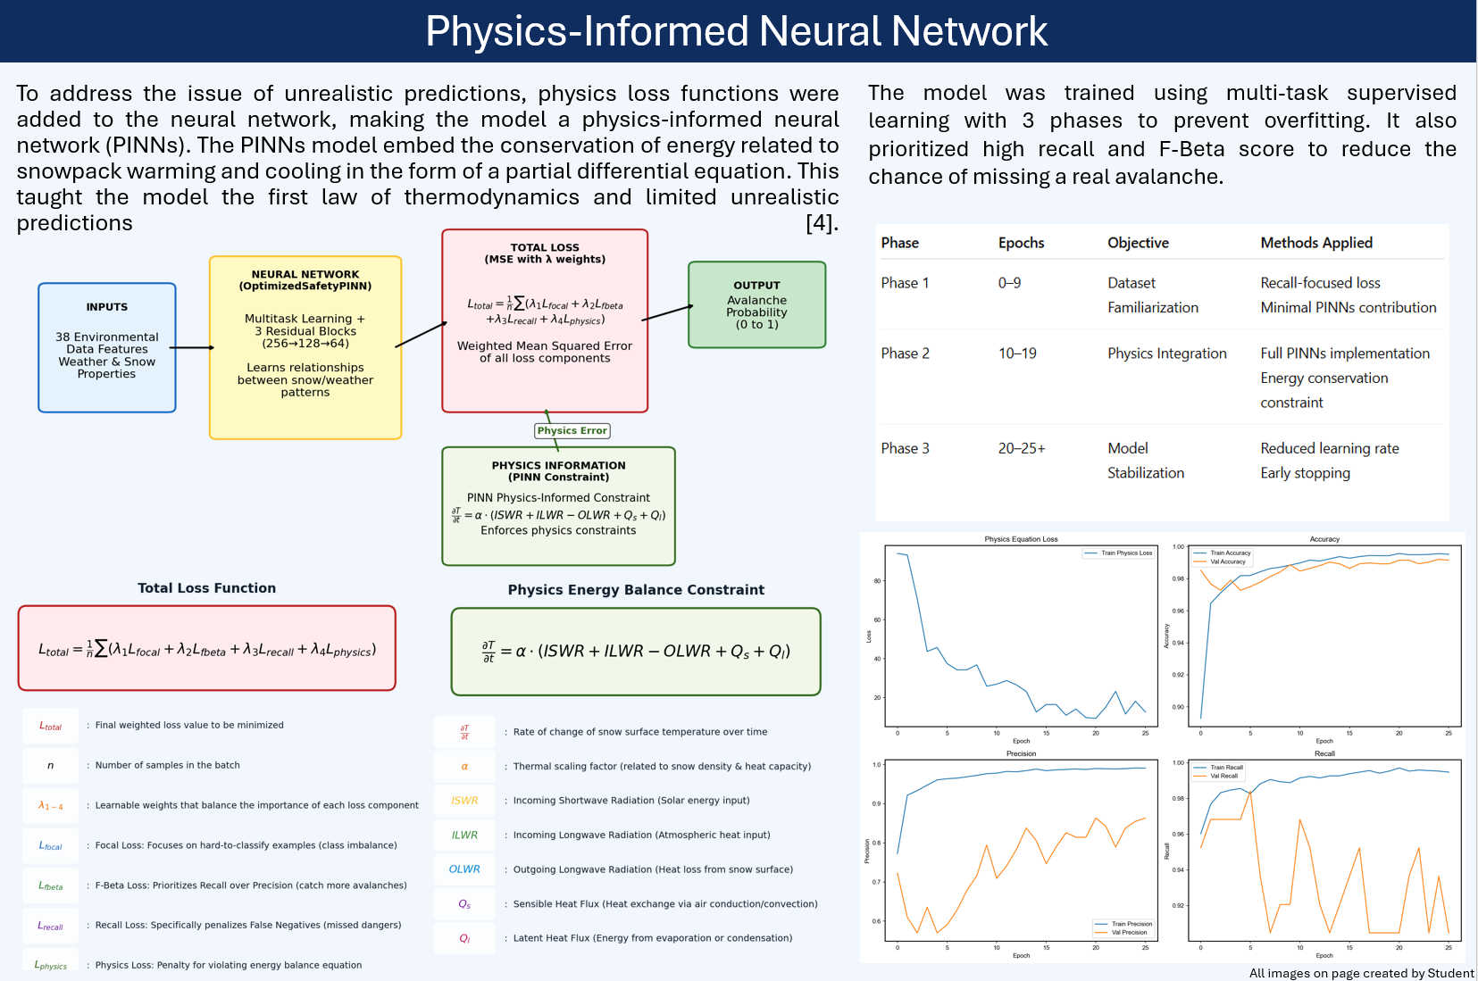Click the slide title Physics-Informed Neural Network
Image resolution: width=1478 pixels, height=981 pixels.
(737, 31)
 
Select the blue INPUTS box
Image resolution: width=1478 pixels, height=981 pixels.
(107, 347)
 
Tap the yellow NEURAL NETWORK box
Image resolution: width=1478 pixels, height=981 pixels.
(305, 347)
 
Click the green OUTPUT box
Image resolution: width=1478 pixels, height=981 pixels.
(756, 304)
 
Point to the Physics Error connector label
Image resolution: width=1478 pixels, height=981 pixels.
(572, 430)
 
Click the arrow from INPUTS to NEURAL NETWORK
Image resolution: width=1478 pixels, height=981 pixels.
(192, 347)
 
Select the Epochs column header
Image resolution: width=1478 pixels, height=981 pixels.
(1021, 243)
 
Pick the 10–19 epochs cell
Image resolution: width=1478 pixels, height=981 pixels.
(1017, 353)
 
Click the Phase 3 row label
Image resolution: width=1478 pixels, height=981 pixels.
(905, 448)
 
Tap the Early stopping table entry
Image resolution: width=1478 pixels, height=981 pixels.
(1305, 473)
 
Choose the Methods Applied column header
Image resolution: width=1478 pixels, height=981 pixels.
(1315, 243)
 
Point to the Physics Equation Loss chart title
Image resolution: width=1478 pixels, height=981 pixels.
(1021, 539)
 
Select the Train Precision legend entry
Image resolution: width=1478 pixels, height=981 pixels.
(1131, 924)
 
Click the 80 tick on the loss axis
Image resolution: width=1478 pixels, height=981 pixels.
(877, 581)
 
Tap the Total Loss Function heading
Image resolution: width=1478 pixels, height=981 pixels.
(206, 588)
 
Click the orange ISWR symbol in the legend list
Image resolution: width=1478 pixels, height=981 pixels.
(464, 801)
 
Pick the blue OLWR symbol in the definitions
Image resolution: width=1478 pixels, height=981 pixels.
(464, 869)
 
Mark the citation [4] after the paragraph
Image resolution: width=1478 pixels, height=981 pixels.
(822, 223)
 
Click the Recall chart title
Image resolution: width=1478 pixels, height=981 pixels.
(1324, 753)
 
